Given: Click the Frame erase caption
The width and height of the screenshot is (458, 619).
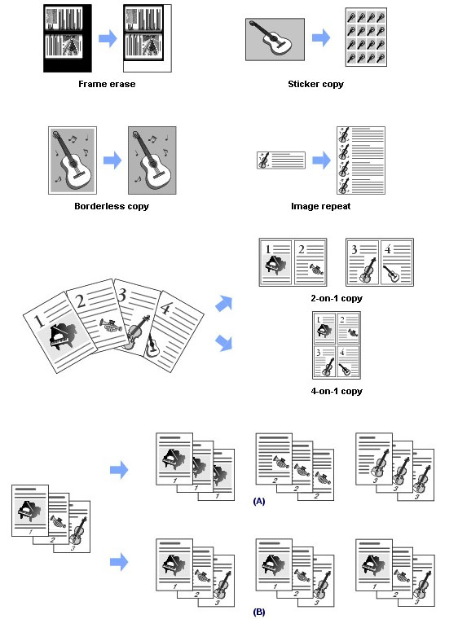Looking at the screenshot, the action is (x=107, y=84).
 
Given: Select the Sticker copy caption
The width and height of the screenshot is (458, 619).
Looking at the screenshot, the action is (x=315, y=84).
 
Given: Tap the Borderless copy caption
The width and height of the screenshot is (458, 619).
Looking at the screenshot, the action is (x=112, y=206).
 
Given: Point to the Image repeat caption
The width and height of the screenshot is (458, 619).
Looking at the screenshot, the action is (x=320, y=206).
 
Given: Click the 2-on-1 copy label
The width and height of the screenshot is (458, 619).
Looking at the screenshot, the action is (x=337, y=298).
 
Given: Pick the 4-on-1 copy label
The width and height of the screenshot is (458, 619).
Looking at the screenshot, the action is (x=337, y=391).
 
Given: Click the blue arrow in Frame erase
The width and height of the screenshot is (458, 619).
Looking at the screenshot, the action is (x=108, y=38).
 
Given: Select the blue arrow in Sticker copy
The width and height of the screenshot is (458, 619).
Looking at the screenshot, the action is (x=321, y=38).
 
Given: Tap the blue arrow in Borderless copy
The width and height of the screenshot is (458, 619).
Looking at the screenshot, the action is (x=112, y=160).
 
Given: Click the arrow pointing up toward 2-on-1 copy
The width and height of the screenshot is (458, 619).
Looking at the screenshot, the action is (x=224, y=303).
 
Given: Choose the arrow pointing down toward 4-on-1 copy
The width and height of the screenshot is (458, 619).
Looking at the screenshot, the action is (x=224, y=342).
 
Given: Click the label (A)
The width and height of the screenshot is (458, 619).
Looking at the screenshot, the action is (x=259, y=501).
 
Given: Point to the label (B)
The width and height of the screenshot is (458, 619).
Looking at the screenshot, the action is (x=259, y=612).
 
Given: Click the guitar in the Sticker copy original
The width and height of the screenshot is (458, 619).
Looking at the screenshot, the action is (x=271, y=38).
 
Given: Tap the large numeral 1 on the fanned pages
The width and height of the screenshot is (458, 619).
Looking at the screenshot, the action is (x=39, y=321).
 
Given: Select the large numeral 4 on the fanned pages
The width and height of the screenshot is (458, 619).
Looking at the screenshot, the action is (x=165, y=309).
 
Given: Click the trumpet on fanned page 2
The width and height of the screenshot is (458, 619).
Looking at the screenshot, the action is (x=110, y=325).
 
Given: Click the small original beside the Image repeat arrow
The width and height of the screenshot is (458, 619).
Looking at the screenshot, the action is (x=281, y=160).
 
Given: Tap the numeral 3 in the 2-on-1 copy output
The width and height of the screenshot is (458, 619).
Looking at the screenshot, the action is (x=354, y=249).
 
